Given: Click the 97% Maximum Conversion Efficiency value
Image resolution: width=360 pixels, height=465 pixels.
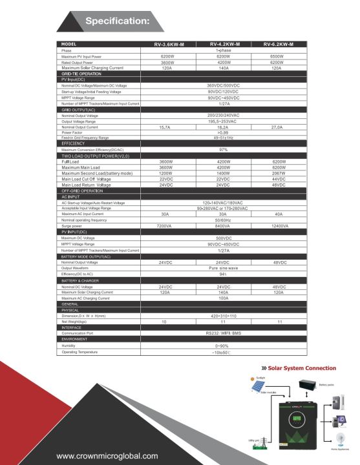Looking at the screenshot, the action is (x=222, y=149).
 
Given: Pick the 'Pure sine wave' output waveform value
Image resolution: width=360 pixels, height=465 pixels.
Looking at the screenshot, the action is (x=222, y=268).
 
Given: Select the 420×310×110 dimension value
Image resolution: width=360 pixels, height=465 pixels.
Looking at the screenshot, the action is (x=222, y=315).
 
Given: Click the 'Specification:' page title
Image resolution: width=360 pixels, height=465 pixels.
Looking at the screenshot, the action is (x=117, y=21).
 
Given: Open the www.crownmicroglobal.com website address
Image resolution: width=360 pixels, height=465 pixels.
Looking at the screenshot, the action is (x=107, y=455).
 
